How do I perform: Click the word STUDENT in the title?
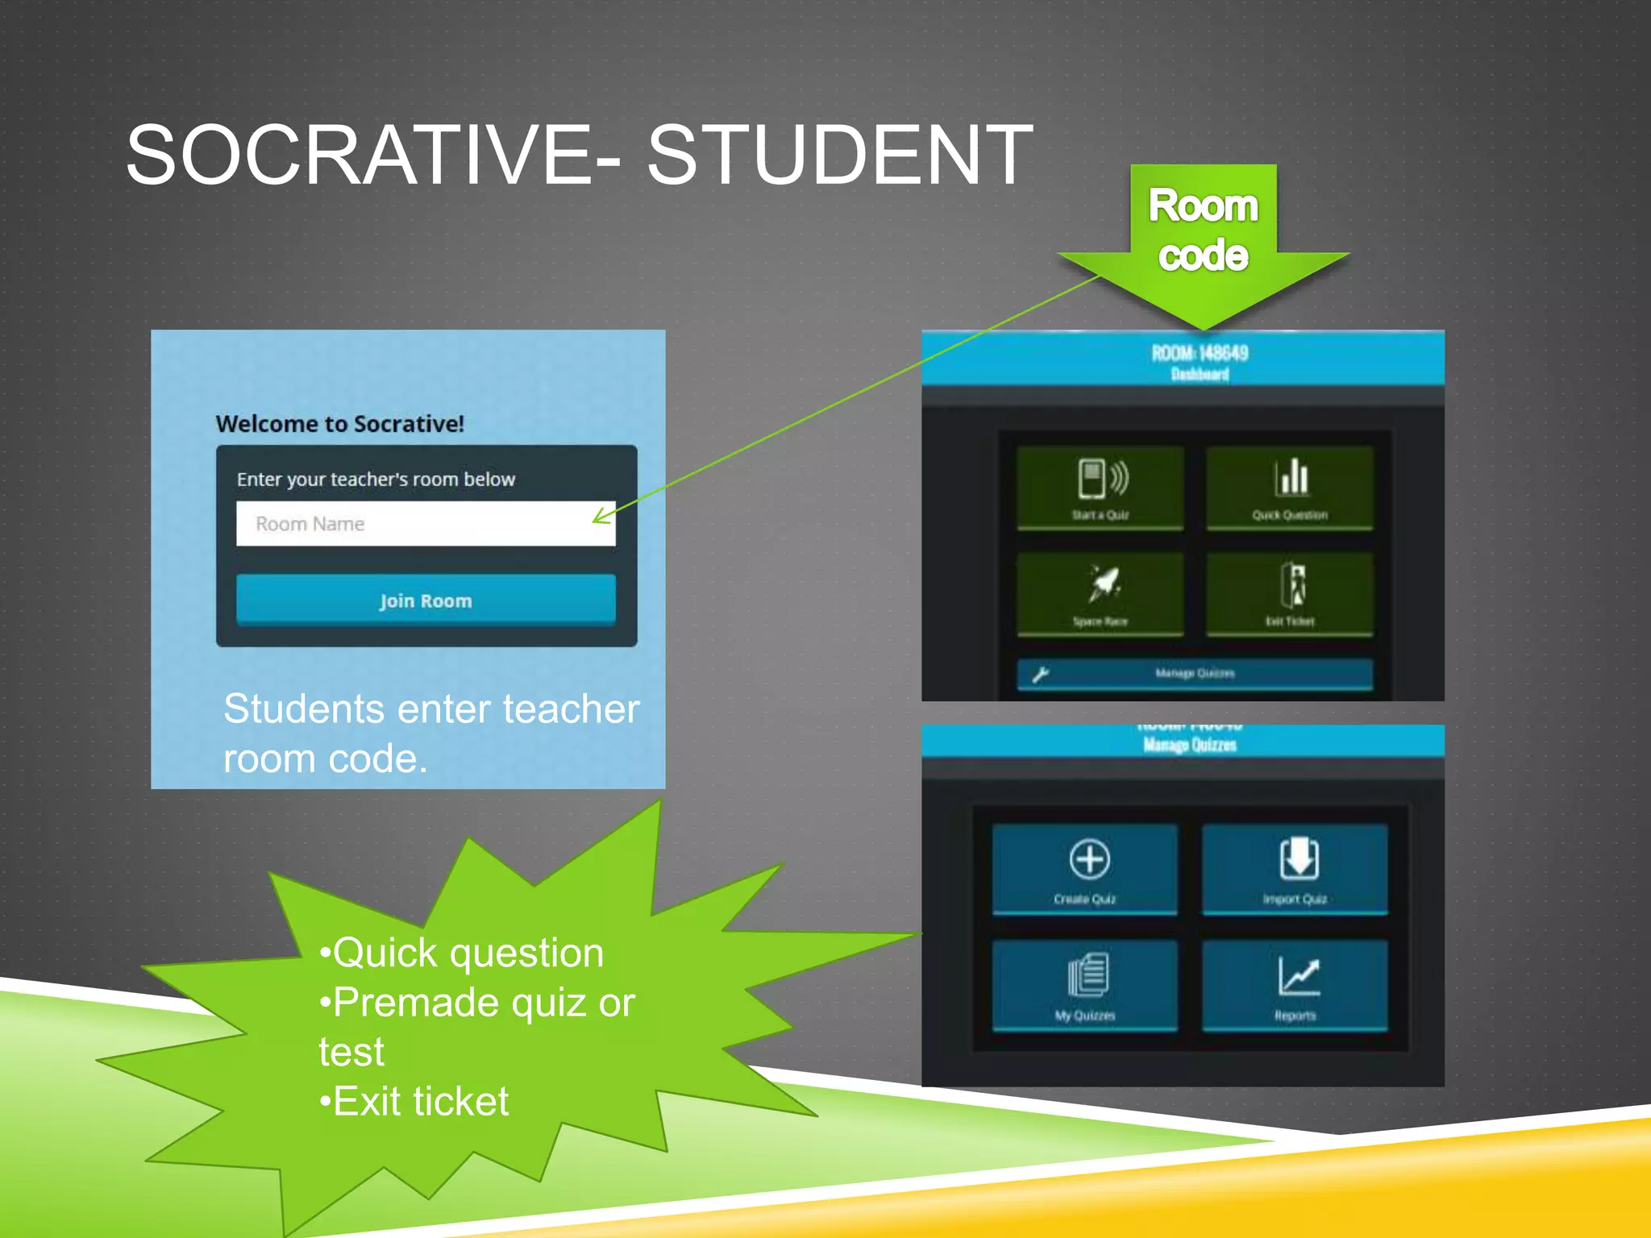tap(839, 155)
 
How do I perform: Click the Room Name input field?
tap(425, 524)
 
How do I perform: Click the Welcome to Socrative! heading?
tap(339, 424)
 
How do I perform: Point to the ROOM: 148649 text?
tap(1200, 353)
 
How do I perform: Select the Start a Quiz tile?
tap(1100, 488)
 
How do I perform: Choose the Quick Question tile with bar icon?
tap(1290, 488)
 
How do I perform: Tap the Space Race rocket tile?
tap(1100, 595)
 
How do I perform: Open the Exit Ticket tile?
tap(1290, 595)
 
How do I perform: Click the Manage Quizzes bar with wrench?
tap(1195, 674)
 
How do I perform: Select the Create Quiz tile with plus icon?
tap(1085, 869)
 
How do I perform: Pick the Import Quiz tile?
tap(1295, 869)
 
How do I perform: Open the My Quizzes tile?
tap(1085, 985)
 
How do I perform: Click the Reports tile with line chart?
tap(1295, 985)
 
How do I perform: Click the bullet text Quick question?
tap(468, 953)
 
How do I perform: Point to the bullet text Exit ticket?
tap(420, 1101)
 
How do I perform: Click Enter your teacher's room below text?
tap(376, 480)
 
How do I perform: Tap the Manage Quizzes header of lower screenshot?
tap(1190, 745)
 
